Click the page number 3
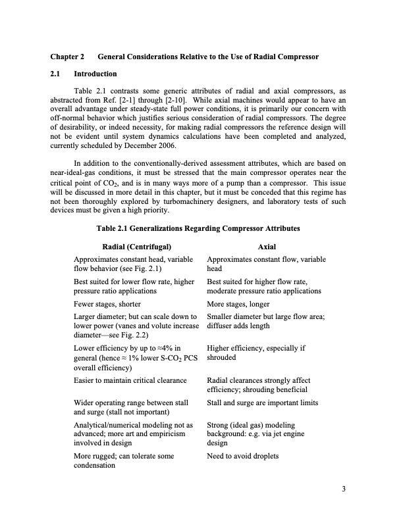pyautogui.click(x=344, y=489)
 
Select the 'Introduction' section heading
pyautogui.click(x=95, y=74)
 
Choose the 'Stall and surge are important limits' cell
pyautogui.click(x=262, y=401)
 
